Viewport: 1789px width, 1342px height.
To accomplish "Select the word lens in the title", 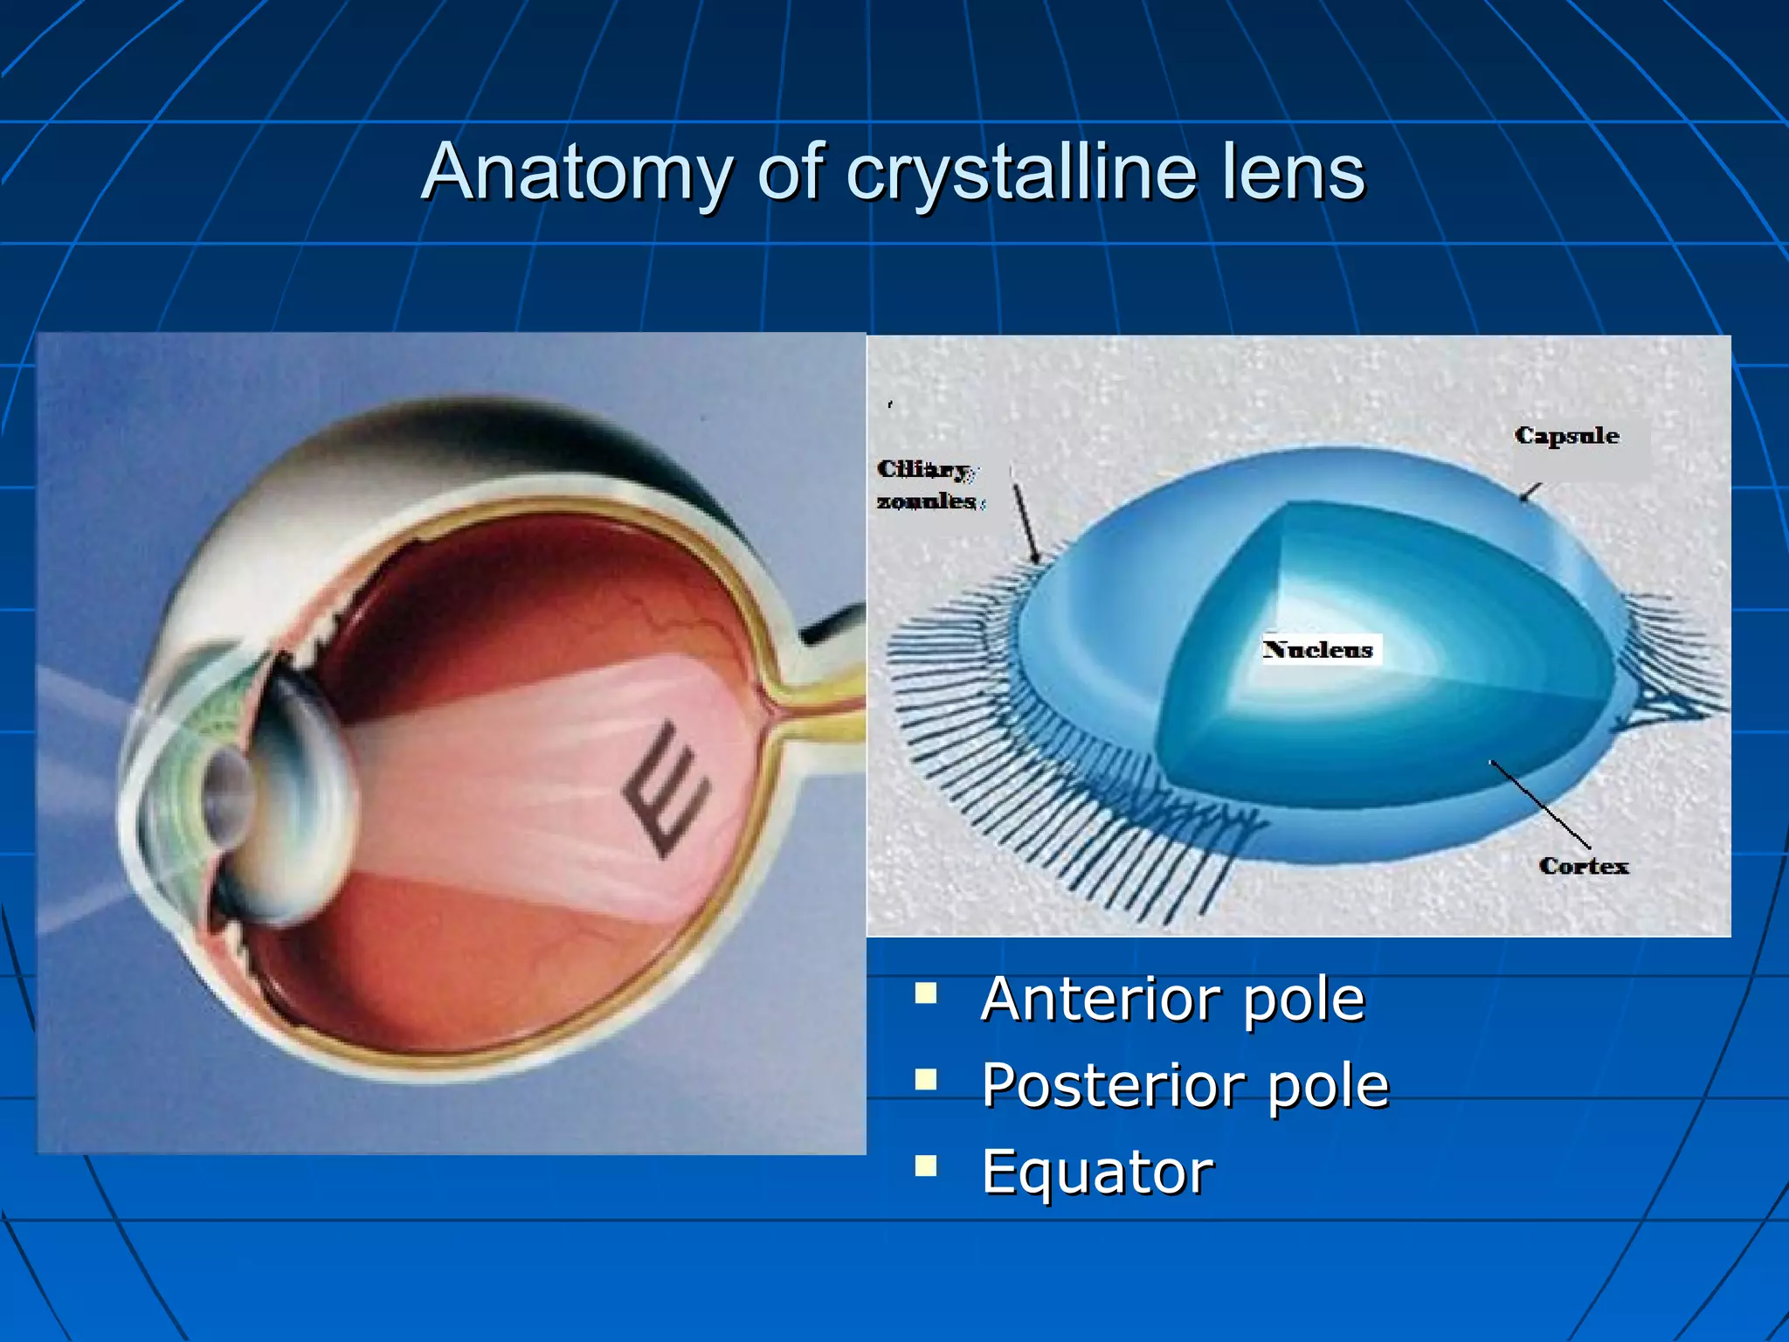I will click(1293, 173).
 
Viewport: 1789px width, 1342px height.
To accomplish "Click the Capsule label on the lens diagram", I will click(1566, 435).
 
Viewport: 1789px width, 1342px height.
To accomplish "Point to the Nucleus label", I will click(1317, 649).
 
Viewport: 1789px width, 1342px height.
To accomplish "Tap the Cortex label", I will click(1583, 866).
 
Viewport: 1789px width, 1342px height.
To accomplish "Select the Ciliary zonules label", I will click(928, 485).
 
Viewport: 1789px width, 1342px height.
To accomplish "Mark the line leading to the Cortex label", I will click(1539, 804).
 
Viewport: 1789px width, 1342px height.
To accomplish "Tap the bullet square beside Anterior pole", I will click(925, 993).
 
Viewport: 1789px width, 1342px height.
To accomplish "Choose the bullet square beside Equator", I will click(925, 1166).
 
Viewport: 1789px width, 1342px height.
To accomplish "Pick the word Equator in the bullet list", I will click(1097, 1172).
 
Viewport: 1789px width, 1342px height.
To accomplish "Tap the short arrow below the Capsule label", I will click(1530, 492).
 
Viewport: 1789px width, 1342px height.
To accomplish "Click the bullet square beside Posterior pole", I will click(925, 1080).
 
